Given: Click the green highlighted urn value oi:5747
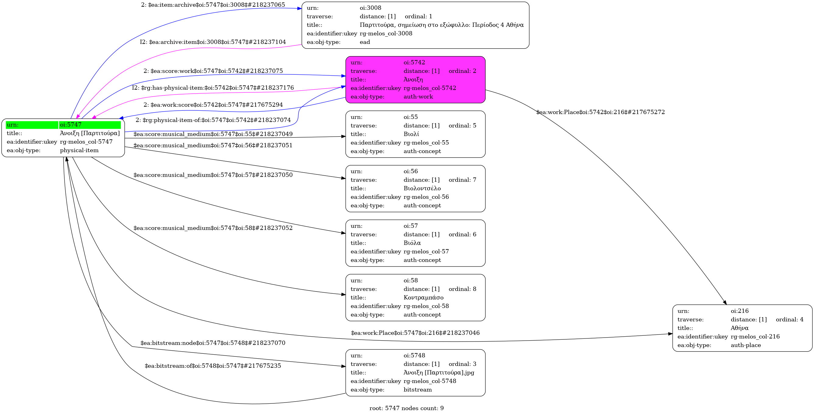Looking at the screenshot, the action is pos(90,125).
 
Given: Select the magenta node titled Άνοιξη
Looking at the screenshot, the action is pos(415,80).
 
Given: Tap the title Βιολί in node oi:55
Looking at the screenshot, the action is pos(411,134).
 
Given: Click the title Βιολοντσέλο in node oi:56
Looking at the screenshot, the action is pos(422,188).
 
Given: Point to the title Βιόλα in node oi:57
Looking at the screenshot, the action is pos(412,243).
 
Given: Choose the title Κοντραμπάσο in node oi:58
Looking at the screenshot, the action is pos(423,298).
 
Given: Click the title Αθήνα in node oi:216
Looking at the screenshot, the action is pos(739,328).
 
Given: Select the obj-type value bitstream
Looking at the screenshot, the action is pos(417,390).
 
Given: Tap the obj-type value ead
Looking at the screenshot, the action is pos(365,42).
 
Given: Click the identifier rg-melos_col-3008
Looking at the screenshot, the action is pos(386,34).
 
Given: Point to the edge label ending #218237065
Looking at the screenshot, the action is pos(213,5).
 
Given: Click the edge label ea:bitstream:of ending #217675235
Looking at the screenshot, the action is pos(213,366).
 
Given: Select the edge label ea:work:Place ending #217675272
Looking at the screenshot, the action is pos(600,112).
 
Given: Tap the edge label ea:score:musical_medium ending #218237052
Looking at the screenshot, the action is pos(213,228).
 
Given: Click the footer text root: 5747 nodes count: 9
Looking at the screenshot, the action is pos(406,408).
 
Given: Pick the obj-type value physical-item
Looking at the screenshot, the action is pos(79,150).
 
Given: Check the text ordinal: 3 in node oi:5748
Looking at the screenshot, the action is pos(462,364).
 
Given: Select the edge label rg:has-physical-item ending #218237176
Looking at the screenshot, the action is pos(213,88).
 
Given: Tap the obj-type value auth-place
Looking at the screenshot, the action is pos(746,345).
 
